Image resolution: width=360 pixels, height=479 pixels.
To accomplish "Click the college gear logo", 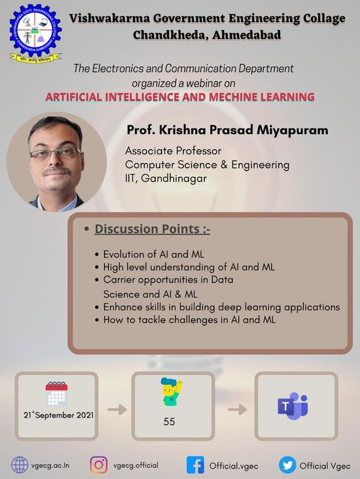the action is pos(36,33).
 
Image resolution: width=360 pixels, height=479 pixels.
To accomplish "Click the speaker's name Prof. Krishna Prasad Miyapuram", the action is pos(227,130).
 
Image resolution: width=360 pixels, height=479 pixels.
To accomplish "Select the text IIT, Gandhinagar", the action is pos(166,179).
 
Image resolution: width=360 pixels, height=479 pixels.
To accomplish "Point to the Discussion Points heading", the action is pos(152,229).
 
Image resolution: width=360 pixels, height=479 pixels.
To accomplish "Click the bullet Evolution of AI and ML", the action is pos(153,254).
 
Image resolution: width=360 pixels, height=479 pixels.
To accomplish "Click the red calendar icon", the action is pos(57,393).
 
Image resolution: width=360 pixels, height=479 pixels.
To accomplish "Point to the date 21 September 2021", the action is pos(59,415).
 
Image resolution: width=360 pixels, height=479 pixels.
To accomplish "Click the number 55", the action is pos(169,422).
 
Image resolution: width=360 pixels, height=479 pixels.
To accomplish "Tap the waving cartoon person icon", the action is pos(171,391).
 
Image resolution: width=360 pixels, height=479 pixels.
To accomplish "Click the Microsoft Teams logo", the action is pos(292,406).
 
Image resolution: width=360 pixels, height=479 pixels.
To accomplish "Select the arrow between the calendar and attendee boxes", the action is pos(117,409).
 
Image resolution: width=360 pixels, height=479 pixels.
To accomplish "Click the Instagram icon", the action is pos(99,465).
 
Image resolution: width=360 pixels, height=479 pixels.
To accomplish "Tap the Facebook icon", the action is pos(195,465).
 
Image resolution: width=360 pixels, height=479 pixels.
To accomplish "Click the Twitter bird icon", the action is pos(287,465).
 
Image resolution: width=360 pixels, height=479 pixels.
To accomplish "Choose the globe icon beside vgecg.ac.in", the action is pos(20,465).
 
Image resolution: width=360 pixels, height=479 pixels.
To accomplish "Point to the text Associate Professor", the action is pos(173,151).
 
